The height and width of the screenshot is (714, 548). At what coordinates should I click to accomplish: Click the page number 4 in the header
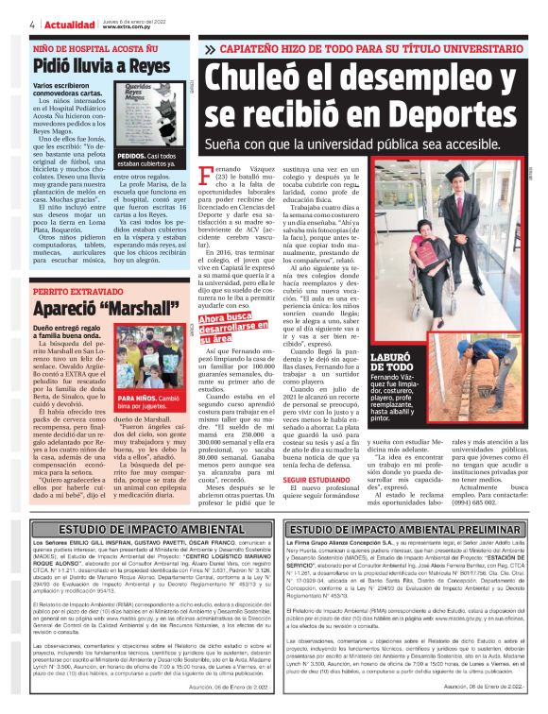point(33,24)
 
